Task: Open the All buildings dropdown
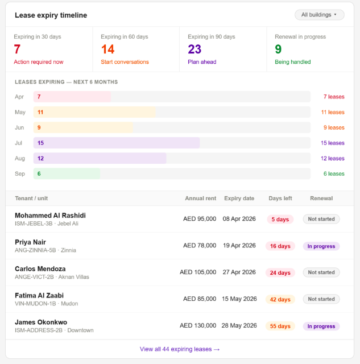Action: (320, 15)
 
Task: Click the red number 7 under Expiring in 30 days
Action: (17, 49)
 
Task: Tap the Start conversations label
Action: (125, 62)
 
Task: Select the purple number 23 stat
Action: (195, 49)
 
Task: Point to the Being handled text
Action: (293, 62)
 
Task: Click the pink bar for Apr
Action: (72, 97)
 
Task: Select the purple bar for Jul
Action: (117, 143)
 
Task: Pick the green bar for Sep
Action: (67, 174)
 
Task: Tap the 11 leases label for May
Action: (333, 113)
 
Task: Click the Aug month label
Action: (20, 159)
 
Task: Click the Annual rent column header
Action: (201, 198)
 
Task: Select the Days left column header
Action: (280, 198)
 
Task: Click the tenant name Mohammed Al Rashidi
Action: (50, 216)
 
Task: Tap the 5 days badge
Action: (280, 220)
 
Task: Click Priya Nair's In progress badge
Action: (321, 246)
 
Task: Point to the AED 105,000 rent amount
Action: (198, 272)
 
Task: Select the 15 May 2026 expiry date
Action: (239, 299)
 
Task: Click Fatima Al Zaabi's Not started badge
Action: (321, 299)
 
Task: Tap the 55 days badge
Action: (280, 326)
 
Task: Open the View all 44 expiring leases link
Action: (180, 349)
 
